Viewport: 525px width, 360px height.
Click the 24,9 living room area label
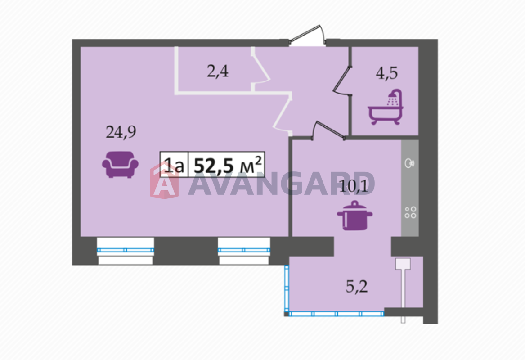pos(121,132)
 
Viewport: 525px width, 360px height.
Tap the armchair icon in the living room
pos(120,164)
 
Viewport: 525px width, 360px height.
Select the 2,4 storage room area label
pos(218,72)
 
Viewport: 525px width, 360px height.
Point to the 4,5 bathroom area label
pos(387,73)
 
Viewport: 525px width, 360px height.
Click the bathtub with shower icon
pos(386,107)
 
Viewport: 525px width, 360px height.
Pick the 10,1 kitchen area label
pos(354,187)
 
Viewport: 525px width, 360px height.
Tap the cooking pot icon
pos(354,216)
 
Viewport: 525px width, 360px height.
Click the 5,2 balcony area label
pos(357,287)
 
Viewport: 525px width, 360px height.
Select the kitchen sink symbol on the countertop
pos(410,163)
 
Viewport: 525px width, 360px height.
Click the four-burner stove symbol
pos(410,212)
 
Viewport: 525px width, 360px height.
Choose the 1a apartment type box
pos(174,164)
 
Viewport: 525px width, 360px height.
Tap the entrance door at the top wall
pos(307,36)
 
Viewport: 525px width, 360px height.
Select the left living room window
pos(126,250)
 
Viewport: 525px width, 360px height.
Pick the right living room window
pos(244,250)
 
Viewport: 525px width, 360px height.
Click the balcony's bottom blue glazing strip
pos(336,314)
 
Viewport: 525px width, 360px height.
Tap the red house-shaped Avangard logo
pos(164,180)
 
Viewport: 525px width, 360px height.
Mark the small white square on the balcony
pos(403,264)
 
